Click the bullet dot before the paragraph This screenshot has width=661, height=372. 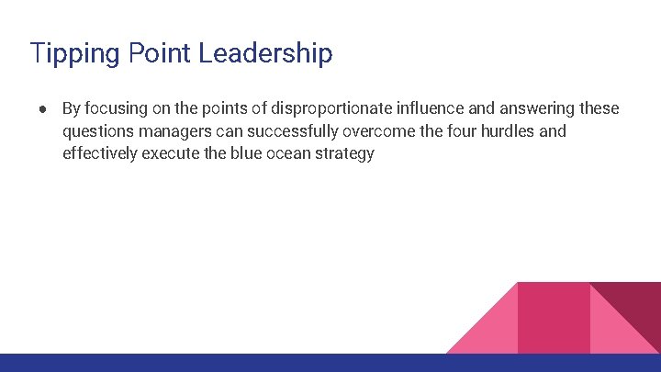(x=44, y=108)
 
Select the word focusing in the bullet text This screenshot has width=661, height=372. (x=112, y=108)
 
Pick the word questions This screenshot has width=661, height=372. (x=98, y=131)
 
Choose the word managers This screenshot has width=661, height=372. (x=173, y=131)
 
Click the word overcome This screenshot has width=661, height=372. (x=369, y=131)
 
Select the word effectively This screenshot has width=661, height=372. (x=99, y=154)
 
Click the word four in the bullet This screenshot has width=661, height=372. (x=448, y=131)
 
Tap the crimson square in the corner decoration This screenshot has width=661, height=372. (x=554, y=318)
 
